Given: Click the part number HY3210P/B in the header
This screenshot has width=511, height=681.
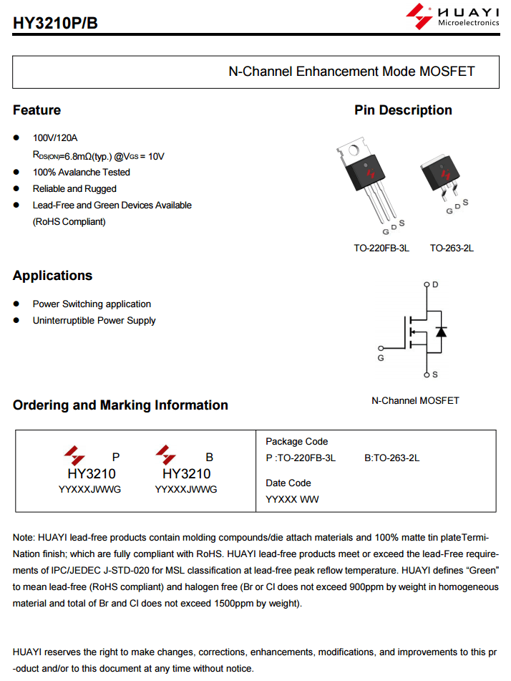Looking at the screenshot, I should tap(55, 24).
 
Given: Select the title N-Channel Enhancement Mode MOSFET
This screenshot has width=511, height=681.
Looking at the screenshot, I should tap(351, 72).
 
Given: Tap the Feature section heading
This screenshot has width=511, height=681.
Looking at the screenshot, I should tap(36, 110).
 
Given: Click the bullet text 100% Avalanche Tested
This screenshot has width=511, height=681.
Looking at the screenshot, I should tap(82, 173).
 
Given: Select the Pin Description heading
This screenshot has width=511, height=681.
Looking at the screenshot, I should tap(403, 110).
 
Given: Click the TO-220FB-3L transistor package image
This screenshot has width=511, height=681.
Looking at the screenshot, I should tap(366, 179).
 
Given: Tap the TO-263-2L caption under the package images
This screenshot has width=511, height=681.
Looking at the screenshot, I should tap(452, 248).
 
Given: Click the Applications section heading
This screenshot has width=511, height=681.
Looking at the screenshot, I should tap(52, 276).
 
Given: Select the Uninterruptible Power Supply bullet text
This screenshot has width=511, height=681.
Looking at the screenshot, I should tap(94, 321).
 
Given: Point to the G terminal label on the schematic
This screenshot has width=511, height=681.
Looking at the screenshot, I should tap(381, 357).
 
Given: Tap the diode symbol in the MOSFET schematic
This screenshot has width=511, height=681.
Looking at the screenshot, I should tap(442, 331).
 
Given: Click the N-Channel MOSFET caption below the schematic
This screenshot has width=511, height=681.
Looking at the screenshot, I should tap(415, 400).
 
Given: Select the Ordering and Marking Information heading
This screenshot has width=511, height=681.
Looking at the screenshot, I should tap(120, 405).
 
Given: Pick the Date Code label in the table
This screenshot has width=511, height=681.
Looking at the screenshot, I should tap(288, 483).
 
